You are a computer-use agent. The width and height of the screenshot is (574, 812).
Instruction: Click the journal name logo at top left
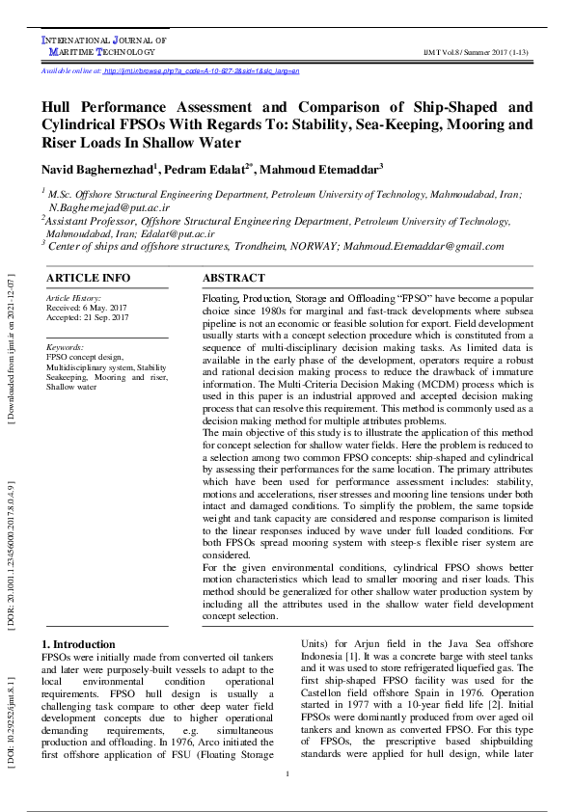(x=104, y=45)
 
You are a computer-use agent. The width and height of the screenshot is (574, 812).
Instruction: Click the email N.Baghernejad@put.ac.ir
(x=109, y=207)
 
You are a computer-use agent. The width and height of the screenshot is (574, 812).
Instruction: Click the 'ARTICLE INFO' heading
(x=89, y=278)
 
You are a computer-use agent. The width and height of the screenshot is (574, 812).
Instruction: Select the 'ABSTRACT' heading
(x=233, y=278)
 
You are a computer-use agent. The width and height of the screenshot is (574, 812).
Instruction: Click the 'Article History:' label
(x=73, y=299)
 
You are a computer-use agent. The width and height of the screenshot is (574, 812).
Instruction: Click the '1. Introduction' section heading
(x=83, y=644)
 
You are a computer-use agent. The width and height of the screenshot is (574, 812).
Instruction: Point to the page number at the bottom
(x=287, y=775)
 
